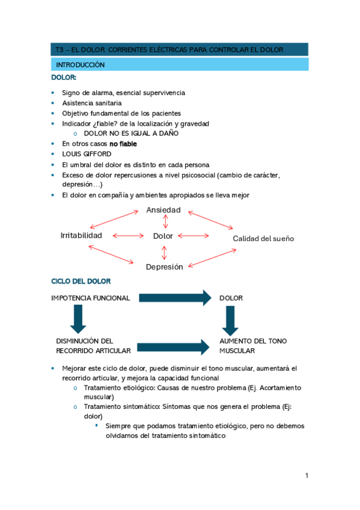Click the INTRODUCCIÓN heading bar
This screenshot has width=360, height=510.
(x=178, y=64)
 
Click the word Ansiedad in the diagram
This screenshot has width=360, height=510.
(x=163, y=210)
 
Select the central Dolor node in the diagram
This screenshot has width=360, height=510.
(x=163, y=236)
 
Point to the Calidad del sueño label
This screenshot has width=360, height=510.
(x=263, y=239)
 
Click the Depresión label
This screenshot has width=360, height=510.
(x=164, y=266)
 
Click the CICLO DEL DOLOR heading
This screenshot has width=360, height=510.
(x=81, y=281)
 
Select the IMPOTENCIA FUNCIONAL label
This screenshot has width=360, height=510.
(x=90, y=298)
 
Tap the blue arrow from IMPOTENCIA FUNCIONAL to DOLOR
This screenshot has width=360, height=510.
(x=175, y=298)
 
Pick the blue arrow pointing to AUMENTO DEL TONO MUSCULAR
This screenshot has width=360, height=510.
(x=175, y=346)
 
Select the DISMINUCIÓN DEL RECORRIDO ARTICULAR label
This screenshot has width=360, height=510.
(x=85, y=346)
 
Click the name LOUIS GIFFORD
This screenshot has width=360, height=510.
(x=86, y=154)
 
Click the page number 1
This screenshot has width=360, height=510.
(x=306, y=476)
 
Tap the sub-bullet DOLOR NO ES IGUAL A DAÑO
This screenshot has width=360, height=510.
(x=131, y=134)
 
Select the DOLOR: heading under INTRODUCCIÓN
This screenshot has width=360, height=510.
(x=64, y=78)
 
